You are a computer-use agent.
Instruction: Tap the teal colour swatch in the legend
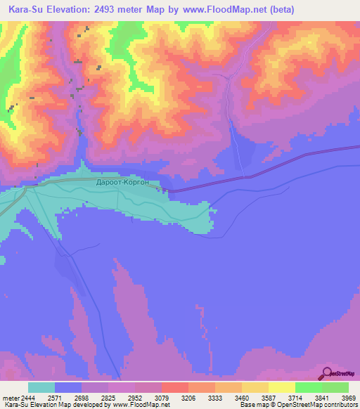point(41,387)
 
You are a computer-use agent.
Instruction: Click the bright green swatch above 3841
point(309,387)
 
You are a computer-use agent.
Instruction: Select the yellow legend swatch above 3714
point(282,387)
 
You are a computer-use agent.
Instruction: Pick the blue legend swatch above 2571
point(68,387)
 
